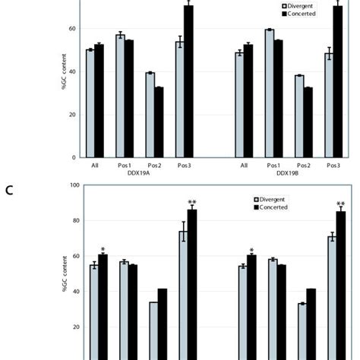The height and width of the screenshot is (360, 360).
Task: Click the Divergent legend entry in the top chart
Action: pyautogui.click(x=302, y=5)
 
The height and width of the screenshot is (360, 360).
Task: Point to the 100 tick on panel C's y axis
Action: pyautogui.click(x=74, y=185)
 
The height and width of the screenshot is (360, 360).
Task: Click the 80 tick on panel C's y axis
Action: pyautogui.click(x=74, y=220)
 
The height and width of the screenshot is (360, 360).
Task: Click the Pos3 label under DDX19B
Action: pyautogui.click(x=333, y=165)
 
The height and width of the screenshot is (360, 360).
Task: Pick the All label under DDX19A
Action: pyautogui.click(x=94, y=165)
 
